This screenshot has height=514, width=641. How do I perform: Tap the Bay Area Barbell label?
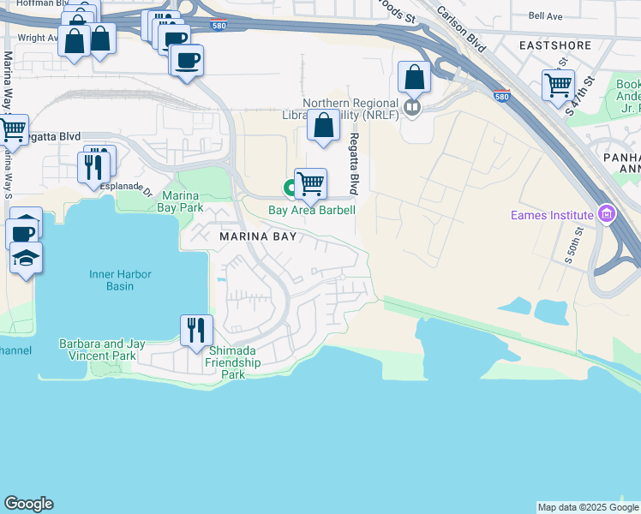pos(312,210)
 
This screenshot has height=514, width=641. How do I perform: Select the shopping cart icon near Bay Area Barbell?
pos(310,182)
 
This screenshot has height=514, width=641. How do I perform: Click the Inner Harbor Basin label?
pos(121,280)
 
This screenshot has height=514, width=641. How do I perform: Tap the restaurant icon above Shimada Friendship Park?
pos(197,330)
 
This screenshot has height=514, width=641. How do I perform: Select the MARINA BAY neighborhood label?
pos(257,236)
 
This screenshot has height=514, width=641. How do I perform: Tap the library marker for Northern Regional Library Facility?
pos(412,107)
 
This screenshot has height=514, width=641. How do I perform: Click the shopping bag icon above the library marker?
pos(414,77)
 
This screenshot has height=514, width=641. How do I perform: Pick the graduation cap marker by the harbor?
pos(26,257)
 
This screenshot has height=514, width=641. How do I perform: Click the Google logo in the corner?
pos(28,504)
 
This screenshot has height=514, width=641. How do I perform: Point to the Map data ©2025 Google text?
pos(587,507)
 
